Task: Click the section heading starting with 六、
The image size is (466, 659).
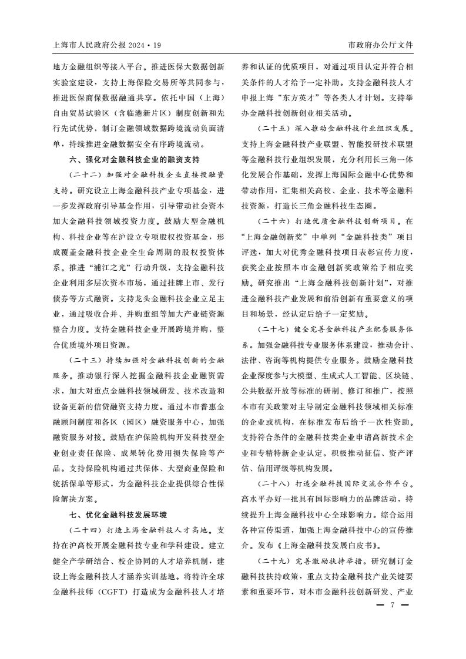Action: [135, 160]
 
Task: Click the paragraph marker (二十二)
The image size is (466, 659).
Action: [85, 175]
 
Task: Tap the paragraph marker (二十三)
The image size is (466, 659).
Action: [85, 359]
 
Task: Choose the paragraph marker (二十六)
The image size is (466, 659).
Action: [274, 221]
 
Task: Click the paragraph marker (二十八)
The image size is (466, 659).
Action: [274, 483]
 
